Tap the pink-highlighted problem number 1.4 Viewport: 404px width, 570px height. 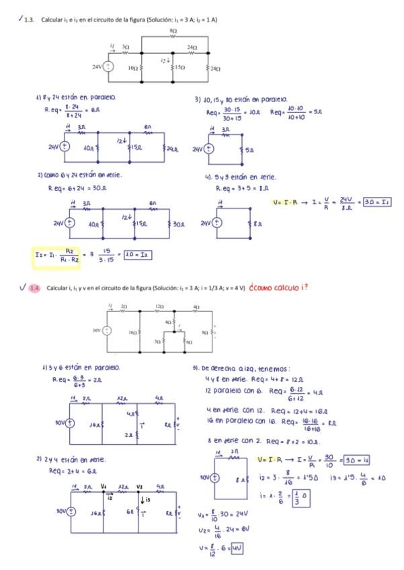(x=34, y=288)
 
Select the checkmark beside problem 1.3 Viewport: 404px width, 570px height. (x=20, y=19)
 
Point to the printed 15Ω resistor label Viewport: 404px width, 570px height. (x=179, y=68)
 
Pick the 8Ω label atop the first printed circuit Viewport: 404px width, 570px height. (x=173, y=31)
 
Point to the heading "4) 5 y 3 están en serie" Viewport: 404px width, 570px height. (x=240, y=177)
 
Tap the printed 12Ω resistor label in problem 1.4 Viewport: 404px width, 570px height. (x=159, y=307)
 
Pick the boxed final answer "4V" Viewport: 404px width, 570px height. (x=235, y=548)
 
